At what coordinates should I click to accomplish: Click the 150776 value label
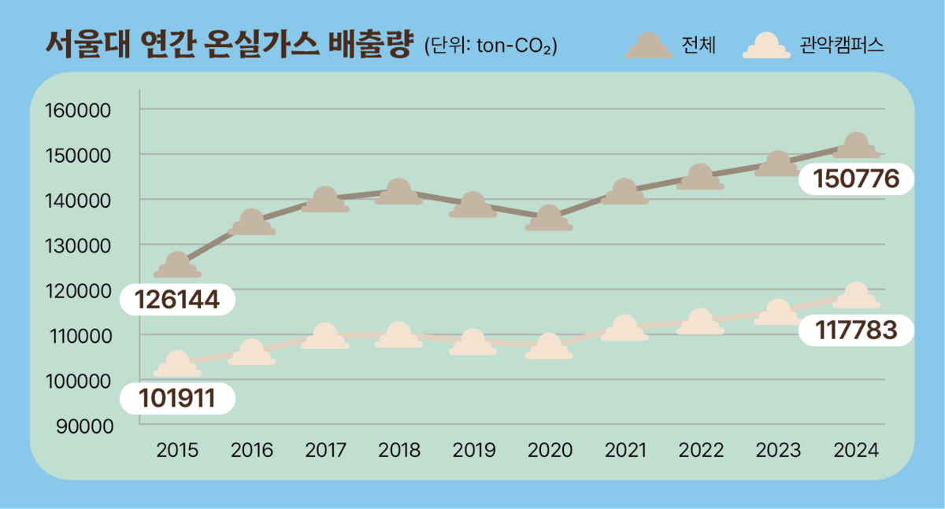pyautogui.click(x=855, y=180)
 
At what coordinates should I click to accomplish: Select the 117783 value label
pyautogui.click(x=855, y=331)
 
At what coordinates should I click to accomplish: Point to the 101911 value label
pyautogui.click(x=176, y=398)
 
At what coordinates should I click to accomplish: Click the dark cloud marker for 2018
pyautogui.click(x=398, y=194)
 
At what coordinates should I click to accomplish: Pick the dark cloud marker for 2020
pyautogui.click(x=549, y=219)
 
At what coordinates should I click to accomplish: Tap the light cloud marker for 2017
pyautogui.click(x=325, y=337)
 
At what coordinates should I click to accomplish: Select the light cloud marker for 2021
pyautogui.click(x=624, y=330)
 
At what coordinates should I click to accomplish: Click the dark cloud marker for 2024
pyautogui.click(x=856, y=147)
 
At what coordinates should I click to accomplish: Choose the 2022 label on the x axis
pyautogui.click(x=700, y=451)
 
